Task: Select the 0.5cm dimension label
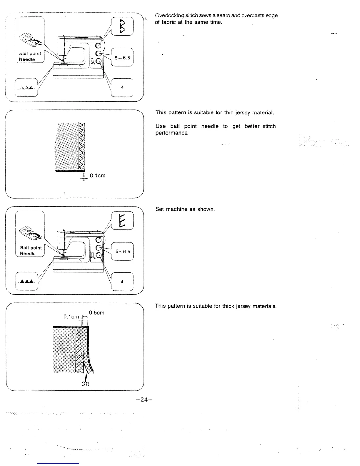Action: point(96,313)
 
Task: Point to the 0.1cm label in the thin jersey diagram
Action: point(97,176)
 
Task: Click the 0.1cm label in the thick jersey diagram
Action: point(71,317)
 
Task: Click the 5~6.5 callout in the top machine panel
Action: point(122,58)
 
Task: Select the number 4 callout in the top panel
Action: point(122,87)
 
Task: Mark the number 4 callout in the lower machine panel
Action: point(122,282)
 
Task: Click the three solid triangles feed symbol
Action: point(26,282)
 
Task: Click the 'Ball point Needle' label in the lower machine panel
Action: point(31,250)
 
